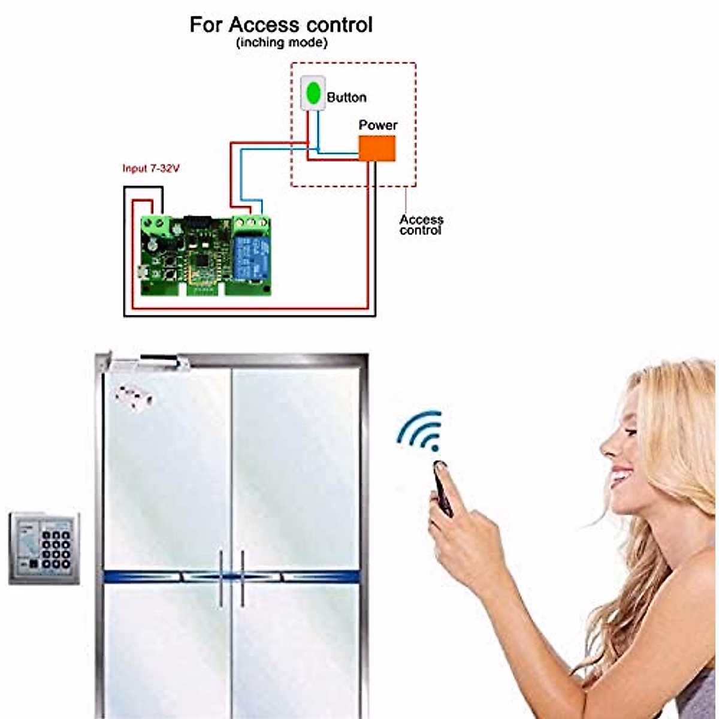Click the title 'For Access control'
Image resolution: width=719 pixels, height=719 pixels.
pos(281,25)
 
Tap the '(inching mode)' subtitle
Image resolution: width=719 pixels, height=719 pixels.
pos(282,43)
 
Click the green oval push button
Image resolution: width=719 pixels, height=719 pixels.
pos(312,93)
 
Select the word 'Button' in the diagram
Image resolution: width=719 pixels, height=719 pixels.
pos(346,97)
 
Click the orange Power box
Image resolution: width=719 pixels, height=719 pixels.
pos(377,149)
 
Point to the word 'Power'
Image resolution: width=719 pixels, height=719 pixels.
pos(377,125)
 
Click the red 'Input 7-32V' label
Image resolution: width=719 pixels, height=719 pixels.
pos(150,168)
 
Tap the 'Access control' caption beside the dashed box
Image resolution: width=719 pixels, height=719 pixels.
pos(421,225)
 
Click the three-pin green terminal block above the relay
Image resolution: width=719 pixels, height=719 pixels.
pos(249,223)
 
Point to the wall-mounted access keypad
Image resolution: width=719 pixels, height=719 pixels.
pos(44,548)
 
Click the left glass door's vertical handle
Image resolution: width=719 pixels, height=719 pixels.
pos(221,578)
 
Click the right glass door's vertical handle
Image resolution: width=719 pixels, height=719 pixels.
pos(242,578)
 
